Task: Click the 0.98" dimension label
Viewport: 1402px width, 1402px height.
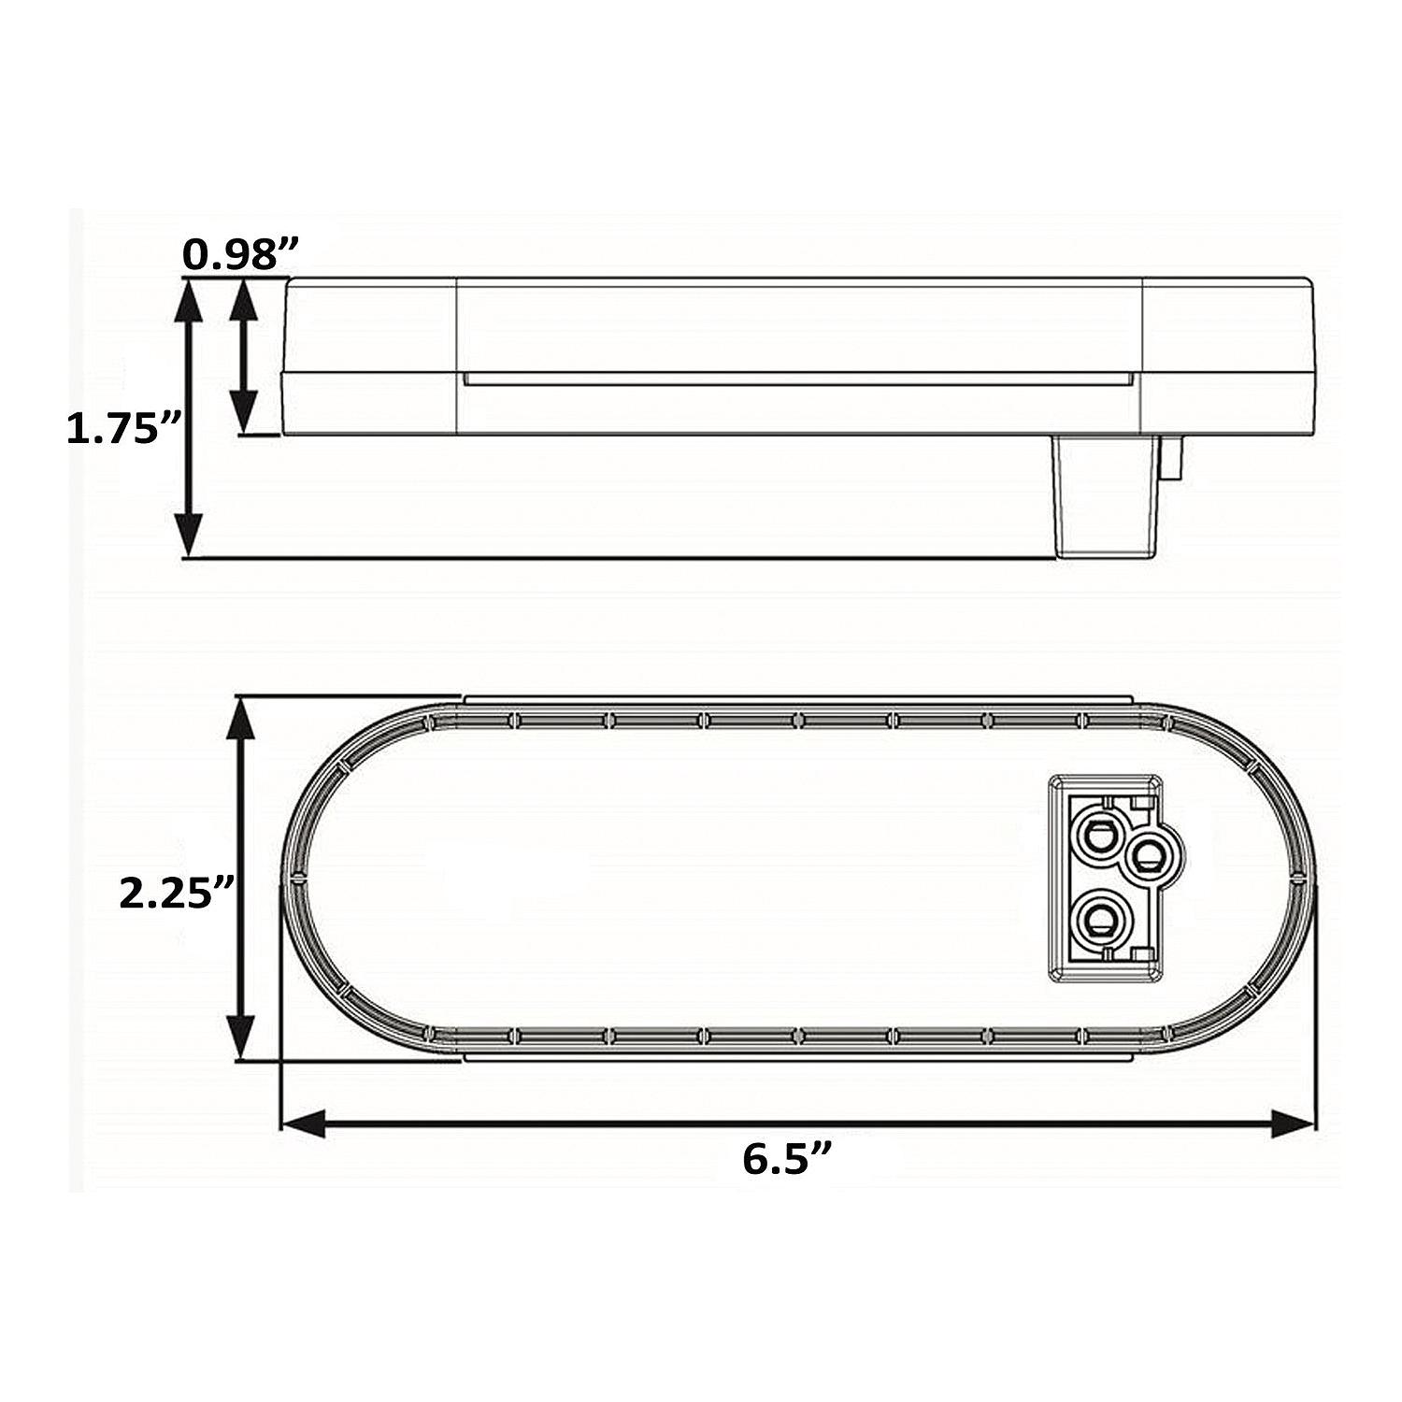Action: [240, 254]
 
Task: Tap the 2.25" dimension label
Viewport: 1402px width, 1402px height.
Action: [175, 894]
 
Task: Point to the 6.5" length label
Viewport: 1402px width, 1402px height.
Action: [787, 1159]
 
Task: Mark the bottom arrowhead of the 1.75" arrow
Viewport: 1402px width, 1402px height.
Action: [190, 536]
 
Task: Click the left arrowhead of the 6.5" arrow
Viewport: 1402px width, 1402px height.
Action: [304, 1123]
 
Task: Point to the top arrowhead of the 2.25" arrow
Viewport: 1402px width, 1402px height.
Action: [242, 719]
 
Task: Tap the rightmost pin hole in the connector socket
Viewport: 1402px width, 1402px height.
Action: [1149, 852]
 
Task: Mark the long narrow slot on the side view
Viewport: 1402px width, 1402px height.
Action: [797, 379]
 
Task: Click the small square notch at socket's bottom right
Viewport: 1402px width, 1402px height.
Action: [1138, 953]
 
